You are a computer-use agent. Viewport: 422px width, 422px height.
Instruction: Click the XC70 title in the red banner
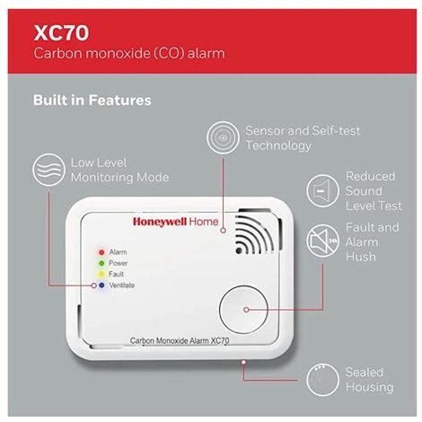coord(61,32)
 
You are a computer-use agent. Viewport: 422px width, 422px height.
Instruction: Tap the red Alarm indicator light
coord(101,252)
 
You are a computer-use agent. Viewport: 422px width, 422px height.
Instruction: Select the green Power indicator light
coord(101,263)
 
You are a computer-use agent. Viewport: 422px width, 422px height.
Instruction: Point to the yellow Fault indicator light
coord(101,274)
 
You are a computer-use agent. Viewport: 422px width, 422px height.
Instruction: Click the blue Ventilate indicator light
coord(101,286)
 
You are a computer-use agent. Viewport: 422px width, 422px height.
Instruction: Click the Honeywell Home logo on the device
coord(176,222)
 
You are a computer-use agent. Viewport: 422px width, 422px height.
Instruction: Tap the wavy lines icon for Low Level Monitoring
coord(48,170)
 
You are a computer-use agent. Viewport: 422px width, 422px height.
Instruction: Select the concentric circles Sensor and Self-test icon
coord(223,137)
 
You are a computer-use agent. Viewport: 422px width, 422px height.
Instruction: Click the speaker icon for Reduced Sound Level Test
coord(322,190)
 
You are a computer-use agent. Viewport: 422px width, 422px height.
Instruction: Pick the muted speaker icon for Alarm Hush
coord(322,241)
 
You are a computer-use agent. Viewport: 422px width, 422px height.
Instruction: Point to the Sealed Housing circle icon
coord(322,380)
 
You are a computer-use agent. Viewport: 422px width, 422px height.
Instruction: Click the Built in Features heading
coord(92,100)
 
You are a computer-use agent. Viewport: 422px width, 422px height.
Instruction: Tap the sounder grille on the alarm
coord(254,235)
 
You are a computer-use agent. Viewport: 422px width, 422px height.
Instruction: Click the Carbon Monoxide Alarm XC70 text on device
coord(180,340)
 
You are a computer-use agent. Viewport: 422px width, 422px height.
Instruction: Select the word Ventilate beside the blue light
coord(122,286)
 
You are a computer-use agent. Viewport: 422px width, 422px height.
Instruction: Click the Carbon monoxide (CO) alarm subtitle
coord(129,53)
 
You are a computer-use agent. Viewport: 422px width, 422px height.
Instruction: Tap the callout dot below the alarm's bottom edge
coord(243,362)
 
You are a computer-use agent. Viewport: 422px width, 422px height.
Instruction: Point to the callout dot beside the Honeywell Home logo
coord(223,231)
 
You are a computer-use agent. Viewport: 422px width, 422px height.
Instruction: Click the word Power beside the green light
coord(119,263)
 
